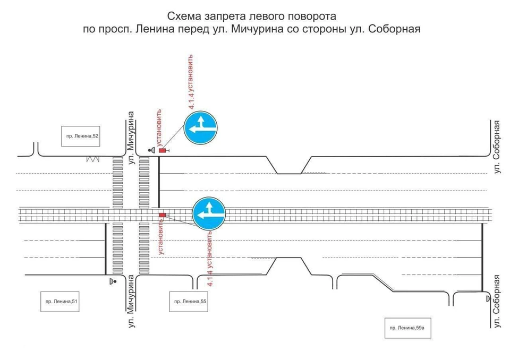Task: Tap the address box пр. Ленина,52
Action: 81,136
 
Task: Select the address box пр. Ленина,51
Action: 60,302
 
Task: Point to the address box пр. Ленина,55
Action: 189,302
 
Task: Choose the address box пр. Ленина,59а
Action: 408,328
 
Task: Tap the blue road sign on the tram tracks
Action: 209,213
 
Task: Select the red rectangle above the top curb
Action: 162,150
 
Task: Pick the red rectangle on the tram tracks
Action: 162,215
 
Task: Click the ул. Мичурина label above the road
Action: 131,138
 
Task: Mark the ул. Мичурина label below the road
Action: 131,301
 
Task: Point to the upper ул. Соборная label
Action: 496,147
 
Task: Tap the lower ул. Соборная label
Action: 496,302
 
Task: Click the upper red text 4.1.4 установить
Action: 191,81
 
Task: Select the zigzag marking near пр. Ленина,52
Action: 92,159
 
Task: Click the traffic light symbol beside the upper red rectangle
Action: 151,150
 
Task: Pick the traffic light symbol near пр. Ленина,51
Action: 113,281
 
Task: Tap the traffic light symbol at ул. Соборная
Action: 488,298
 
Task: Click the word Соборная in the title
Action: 394,29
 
